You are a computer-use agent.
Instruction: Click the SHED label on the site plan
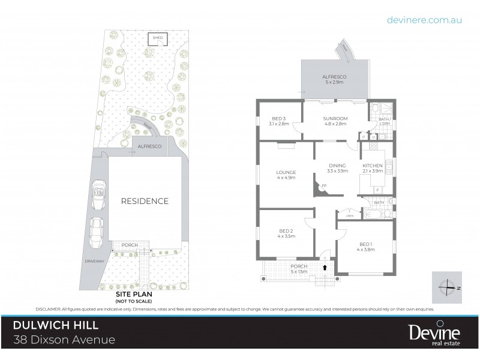click(158, 37)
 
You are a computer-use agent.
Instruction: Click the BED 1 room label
click(366, 246)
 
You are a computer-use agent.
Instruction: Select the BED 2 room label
click(286, 233)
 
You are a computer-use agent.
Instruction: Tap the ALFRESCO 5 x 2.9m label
click(332, 79)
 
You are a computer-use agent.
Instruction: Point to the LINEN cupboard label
click(350, 215)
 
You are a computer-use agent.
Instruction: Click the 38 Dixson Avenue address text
click(64, 341)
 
